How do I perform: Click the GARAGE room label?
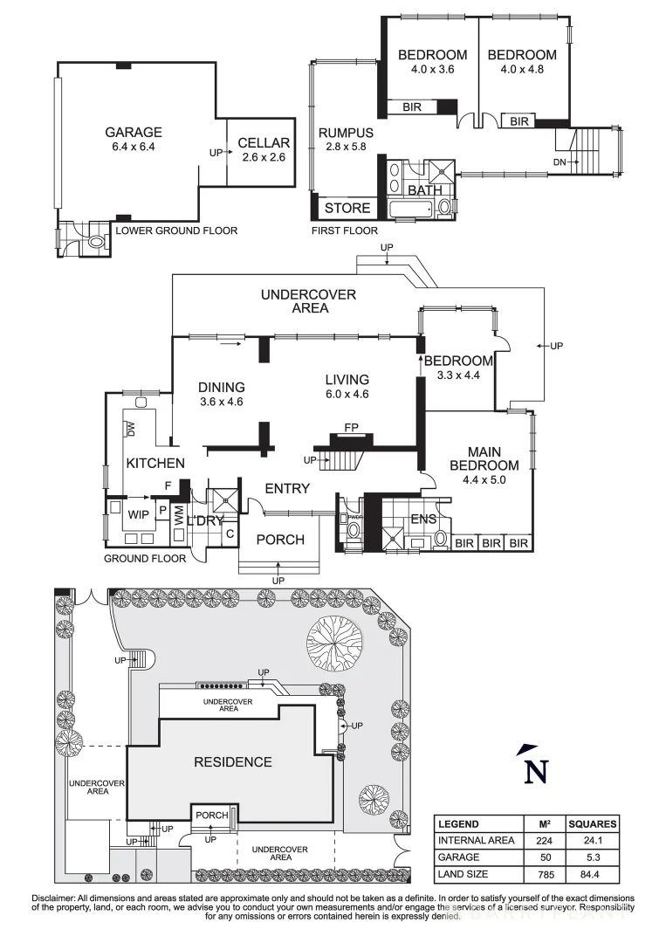tap(134, 133)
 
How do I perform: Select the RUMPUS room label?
tap(345, 133)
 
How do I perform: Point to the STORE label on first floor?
tap(347, 209)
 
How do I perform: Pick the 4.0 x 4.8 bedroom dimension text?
tap(521, 69)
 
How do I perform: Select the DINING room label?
tap(221, 388)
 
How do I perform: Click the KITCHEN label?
tap(154, 463)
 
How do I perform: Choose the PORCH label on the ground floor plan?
tap(280, 540)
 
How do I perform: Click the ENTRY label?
tap(287, 488)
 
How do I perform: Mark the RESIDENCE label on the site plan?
tap(232, 761)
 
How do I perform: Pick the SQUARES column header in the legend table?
tap(593, 823)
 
